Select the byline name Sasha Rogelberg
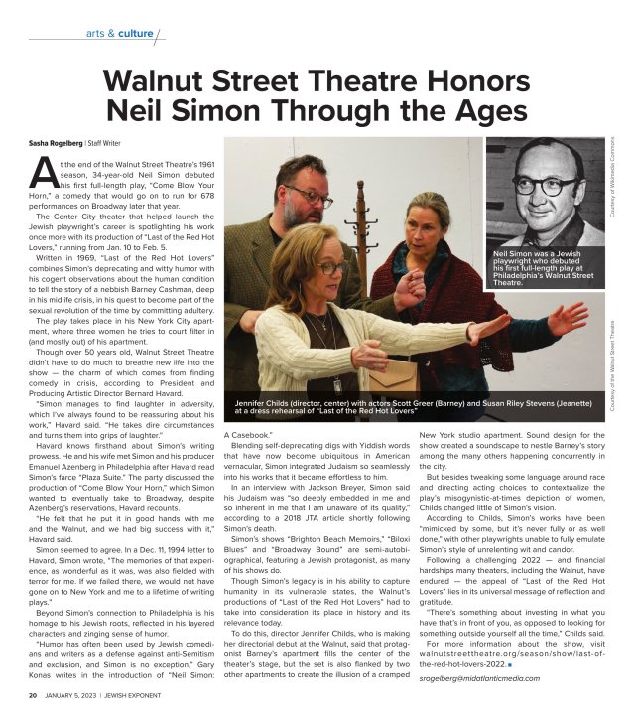55,144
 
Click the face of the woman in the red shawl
428,219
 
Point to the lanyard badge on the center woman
337,383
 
